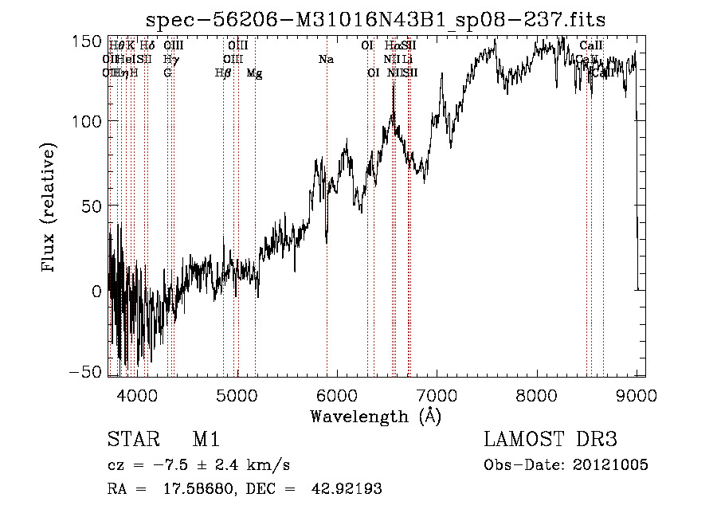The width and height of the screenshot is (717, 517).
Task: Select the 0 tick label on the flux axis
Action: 96,291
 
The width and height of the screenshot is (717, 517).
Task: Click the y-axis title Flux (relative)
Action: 49,207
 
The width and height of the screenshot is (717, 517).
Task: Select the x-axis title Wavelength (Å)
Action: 375,416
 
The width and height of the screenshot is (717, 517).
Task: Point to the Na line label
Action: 325,60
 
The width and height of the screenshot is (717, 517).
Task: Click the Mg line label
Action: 254,73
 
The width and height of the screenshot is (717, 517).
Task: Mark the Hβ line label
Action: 223,73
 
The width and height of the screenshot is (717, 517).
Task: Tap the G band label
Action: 167,73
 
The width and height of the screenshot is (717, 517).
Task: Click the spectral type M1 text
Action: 206,440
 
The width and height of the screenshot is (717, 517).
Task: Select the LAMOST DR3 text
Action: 550,440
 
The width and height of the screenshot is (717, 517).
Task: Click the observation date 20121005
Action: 614,465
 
